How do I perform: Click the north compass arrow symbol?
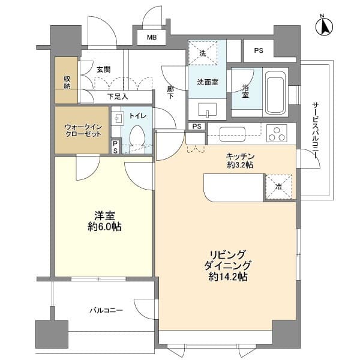(325, 26)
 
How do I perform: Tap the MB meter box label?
(152, 38)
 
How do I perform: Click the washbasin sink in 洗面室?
(207, 110)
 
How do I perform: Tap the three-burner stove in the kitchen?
(277, 133)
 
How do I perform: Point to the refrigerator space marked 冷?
(278, 186)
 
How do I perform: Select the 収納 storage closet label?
(67, 80)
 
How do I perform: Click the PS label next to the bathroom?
(258, 51)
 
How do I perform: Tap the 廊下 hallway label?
(170, 93)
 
